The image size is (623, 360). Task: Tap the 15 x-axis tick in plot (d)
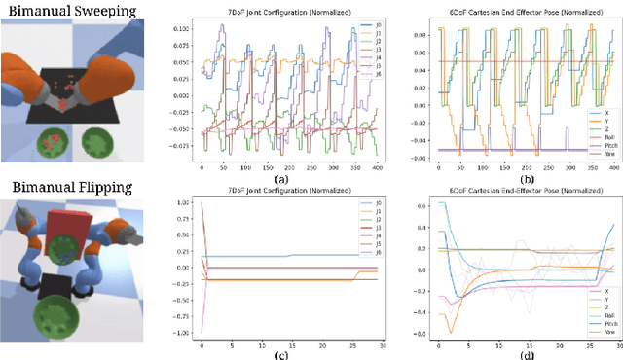click(520, 342)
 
